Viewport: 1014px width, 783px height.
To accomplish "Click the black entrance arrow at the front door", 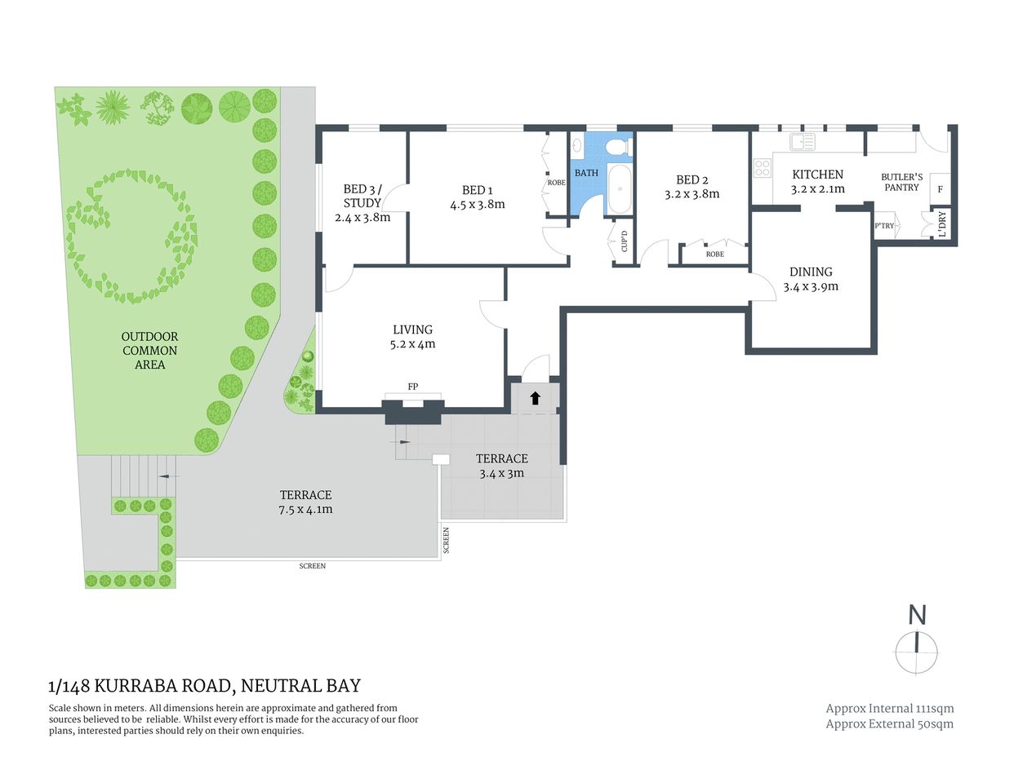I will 536,398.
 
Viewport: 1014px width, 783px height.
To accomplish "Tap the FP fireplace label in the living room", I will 413,387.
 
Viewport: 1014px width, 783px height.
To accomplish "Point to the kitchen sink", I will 802,142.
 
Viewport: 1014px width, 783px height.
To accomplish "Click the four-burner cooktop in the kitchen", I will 762,169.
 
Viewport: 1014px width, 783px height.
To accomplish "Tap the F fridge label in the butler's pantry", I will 941,189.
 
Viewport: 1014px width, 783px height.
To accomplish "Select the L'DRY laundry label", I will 942,224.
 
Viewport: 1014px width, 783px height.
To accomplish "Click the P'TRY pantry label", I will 884,226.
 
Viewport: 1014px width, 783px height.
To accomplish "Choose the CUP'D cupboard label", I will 625,240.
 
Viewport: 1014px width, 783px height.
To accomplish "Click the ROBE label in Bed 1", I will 556,183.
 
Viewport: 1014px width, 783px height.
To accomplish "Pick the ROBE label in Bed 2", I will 714,254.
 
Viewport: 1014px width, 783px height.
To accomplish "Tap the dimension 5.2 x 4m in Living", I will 412,344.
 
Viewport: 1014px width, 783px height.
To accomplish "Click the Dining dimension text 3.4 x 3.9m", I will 811,287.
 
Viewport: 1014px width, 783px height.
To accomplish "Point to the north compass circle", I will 917,653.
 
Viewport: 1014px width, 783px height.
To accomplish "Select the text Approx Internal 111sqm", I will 889,709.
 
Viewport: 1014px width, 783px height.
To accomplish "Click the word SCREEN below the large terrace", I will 312,566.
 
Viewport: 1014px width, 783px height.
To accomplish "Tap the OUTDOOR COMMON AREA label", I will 149,351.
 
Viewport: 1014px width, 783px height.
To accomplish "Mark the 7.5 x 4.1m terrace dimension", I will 306,510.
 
